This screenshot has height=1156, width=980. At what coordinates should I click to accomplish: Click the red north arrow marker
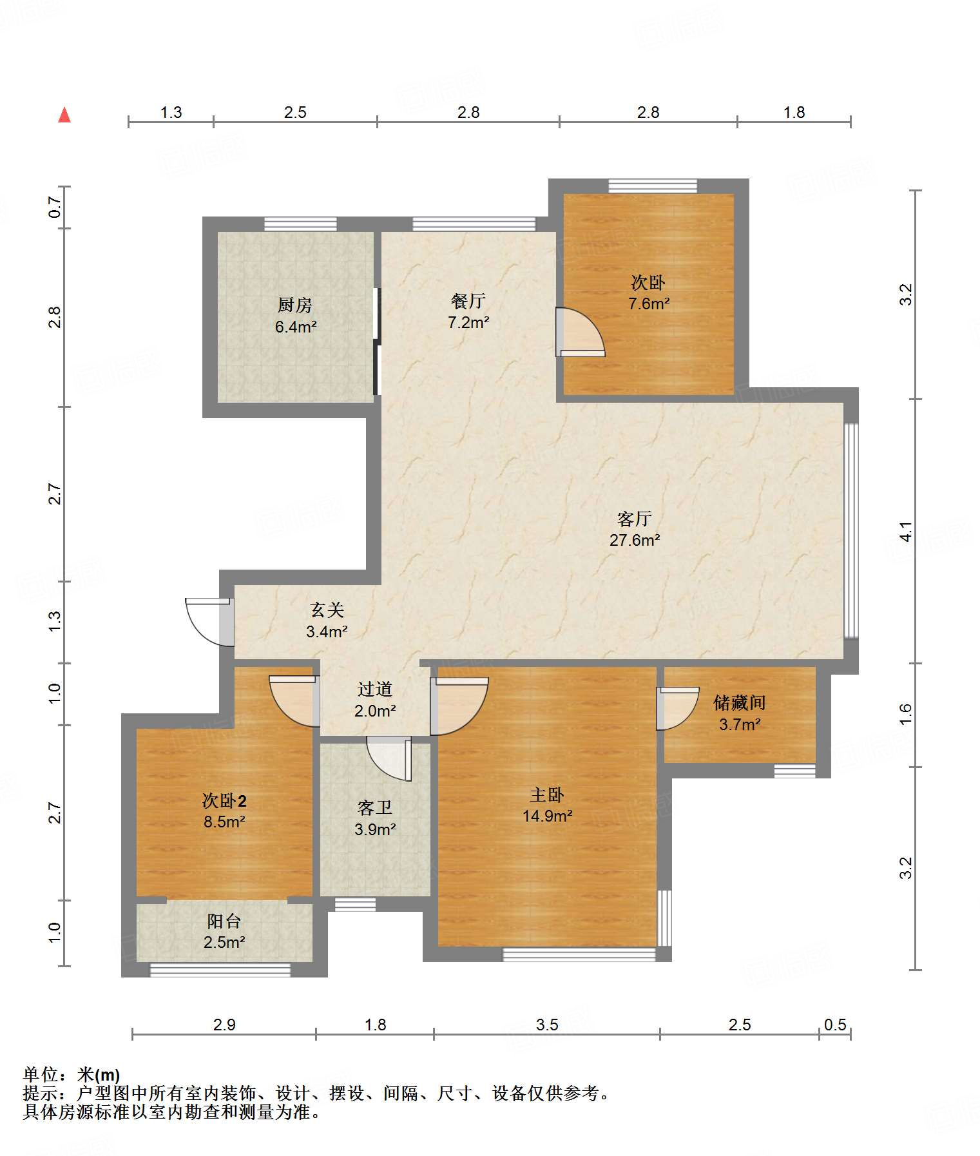click(64, 115)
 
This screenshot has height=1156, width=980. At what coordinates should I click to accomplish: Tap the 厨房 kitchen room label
click(295, 304)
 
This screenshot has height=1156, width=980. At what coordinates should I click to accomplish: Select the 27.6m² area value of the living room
click(635, 540)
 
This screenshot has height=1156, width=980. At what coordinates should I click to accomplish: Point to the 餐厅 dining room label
click(468, 301)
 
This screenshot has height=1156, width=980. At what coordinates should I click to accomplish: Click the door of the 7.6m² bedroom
click(580, 332)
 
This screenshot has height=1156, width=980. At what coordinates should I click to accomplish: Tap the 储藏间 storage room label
click(739, 702)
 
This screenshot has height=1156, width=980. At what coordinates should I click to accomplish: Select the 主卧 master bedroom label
click(547, 795)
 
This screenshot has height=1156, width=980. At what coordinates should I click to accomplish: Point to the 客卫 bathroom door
click(389, 759)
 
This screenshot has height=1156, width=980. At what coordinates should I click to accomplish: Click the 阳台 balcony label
click(224, 921)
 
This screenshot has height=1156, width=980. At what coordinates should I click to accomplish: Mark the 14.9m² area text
click(548, 816)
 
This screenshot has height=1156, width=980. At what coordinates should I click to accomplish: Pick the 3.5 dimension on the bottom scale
click(547, 1025)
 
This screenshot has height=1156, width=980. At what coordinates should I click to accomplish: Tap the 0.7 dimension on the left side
click(55, 207)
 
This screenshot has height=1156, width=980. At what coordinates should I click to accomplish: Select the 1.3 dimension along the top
click(171, 112)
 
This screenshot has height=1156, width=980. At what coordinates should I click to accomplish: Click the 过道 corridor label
click(375, 689)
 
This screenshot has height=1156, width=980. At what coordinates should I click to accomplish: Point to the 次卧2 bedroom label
click(224, 801)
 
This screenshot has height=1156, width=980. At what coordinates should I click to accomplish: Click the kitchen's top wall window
click(300, 224)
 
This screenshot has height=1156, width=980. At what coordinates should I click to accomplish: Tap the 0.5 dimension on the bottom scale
click(835, 1025)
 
